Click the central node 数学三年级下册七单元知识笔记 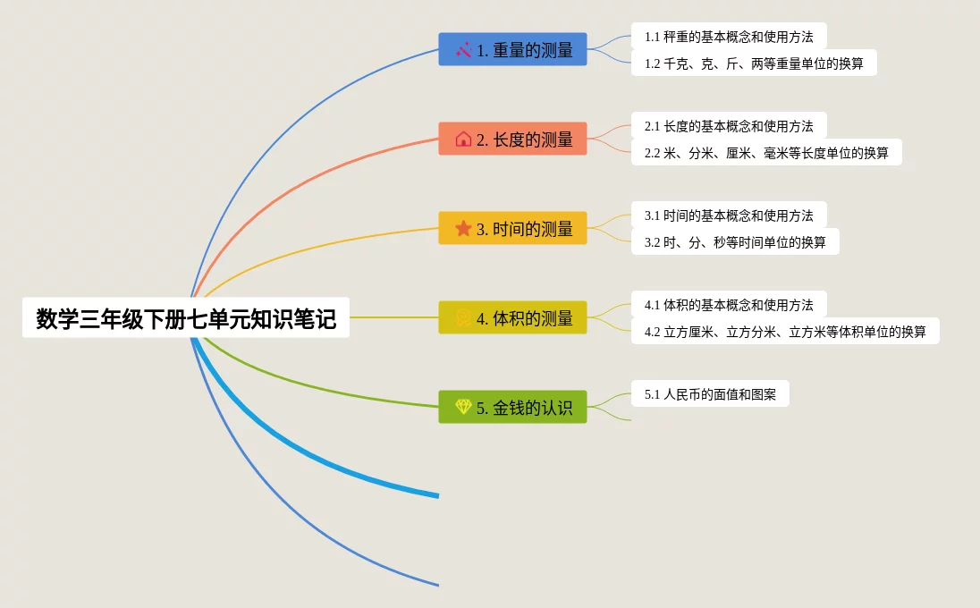click(186, 318)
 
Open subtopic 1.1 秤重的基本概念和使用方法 click(729, 37)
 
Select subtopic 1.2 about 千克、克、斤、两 click(754, 63)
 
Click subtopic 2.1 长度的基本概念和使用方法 click(729, 126)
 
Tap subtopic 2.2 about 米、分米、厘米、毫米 click(766, 153)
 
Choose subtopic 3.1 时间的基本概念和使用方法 click(729, 215)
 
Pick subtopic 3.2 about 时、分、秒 click(735, 242)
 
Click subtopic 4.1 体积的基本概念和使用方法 click(729, 305)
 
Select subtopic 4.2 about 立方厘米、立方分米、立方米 click(785, 332)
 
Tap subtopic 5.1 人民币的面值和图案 click(710, 394)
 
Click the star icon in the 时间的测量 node click(463, 229)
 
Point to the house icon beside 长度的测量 click(463, 139)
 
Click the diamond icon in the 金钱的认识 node click(463, 408)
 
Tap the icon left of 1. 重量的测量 click(463, 50)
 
